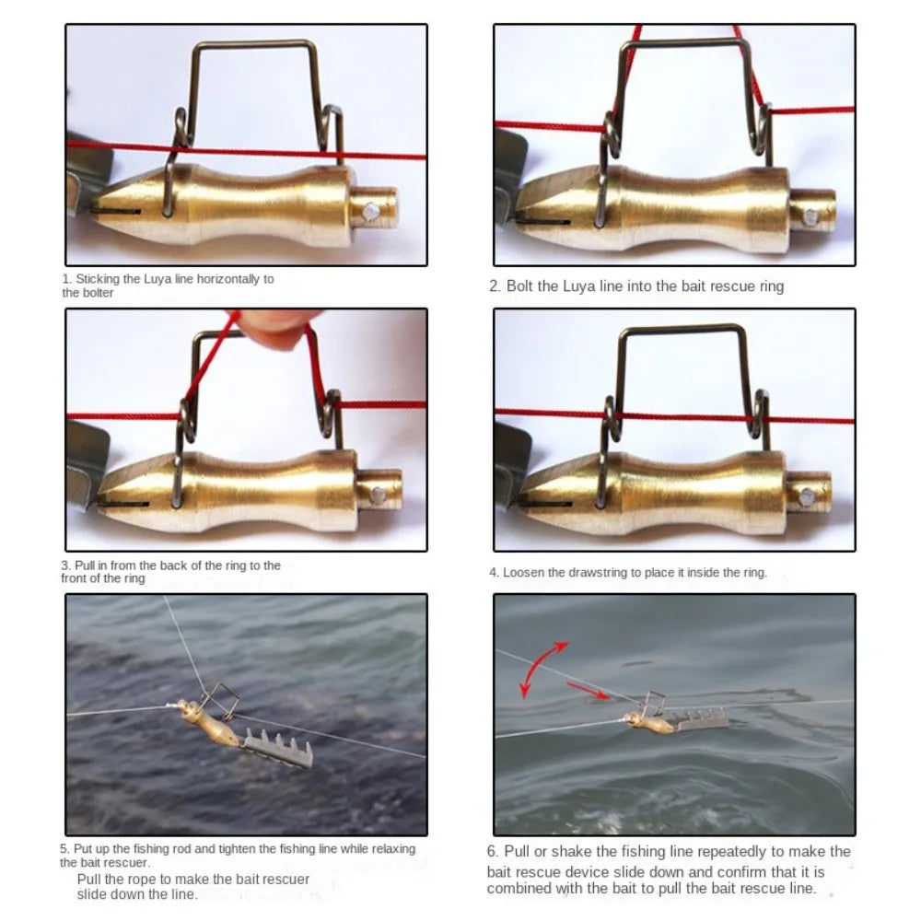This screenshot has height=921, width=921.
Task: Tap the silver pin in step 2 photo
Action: coord(811,217)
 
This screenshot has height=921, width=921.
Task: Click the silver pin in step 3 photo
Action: coord(379,495)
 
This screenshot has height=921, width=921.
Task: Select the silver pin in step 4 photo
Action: coord(808,497)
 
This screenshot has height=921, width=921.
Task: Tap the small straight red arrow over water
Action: coord(588,692)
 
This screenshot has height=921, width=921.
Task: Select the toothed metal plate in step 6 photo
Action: coord(701,719)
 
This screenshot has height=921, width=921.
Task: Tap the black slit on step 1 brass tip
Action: coord(116,210)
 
